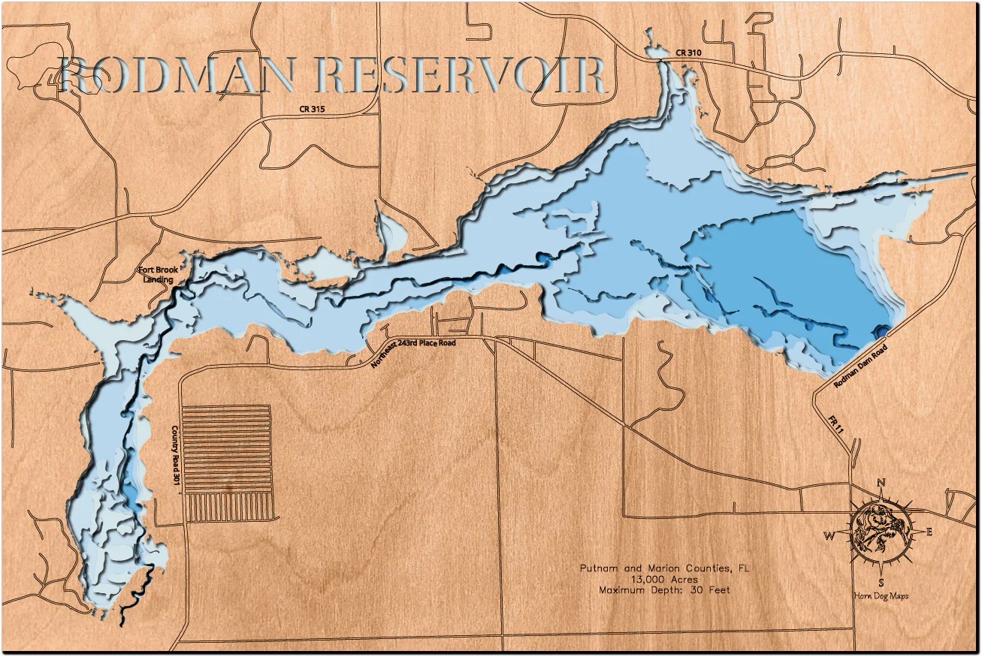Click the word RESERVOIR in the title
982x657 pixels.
[x=461, y=77]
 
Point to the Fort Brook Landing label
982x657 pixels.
[x=156, y=275]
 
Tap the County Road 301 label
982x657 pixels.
[x=175, y=455]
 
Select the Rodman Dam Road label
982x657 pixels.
[x=860, y=366]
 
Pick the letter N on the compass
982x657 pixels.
[x=881, y=483]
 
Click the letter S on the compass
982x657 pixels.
[x=881, y=583]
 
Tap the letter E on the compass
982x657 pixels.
[x=929, y=532]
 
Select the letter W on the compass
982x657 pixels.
[x=830, y=536]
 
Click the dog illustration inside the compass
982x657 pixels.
[x=880, y=532]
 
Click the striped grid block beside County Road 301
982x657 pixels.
[x=227, y=463]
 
